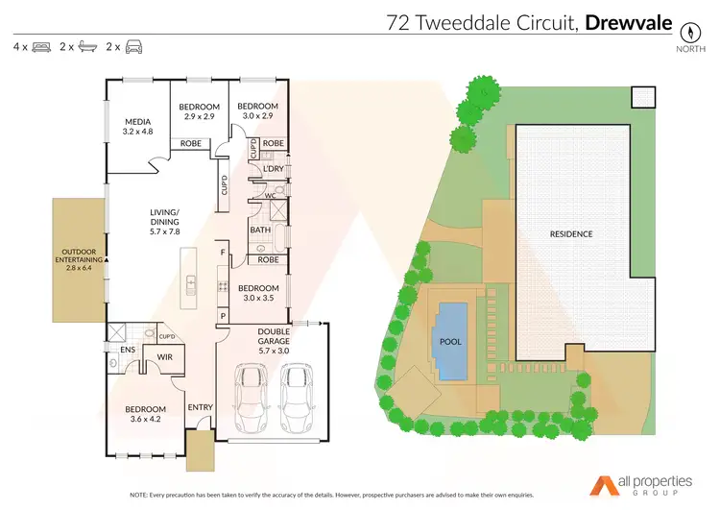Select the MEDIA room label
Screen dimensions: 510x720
coord(138,122)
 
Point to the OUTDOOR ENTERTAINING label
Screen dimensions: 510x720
coord(80,255)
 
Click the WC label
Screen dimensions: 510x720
coord(271,196)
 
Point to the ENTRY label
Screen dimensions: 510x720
coord(200,407)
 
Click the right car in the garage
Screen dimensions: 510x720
coord(299,395)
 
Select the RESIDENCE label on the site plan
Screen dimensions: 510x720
coord(570,233)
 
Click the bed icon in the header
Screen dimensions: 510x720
coord(40,46)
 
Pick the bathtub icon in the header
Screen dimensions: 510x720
coord(86,46)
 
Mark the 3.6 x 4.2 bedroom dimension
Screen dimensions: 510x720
coord(146,418)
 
